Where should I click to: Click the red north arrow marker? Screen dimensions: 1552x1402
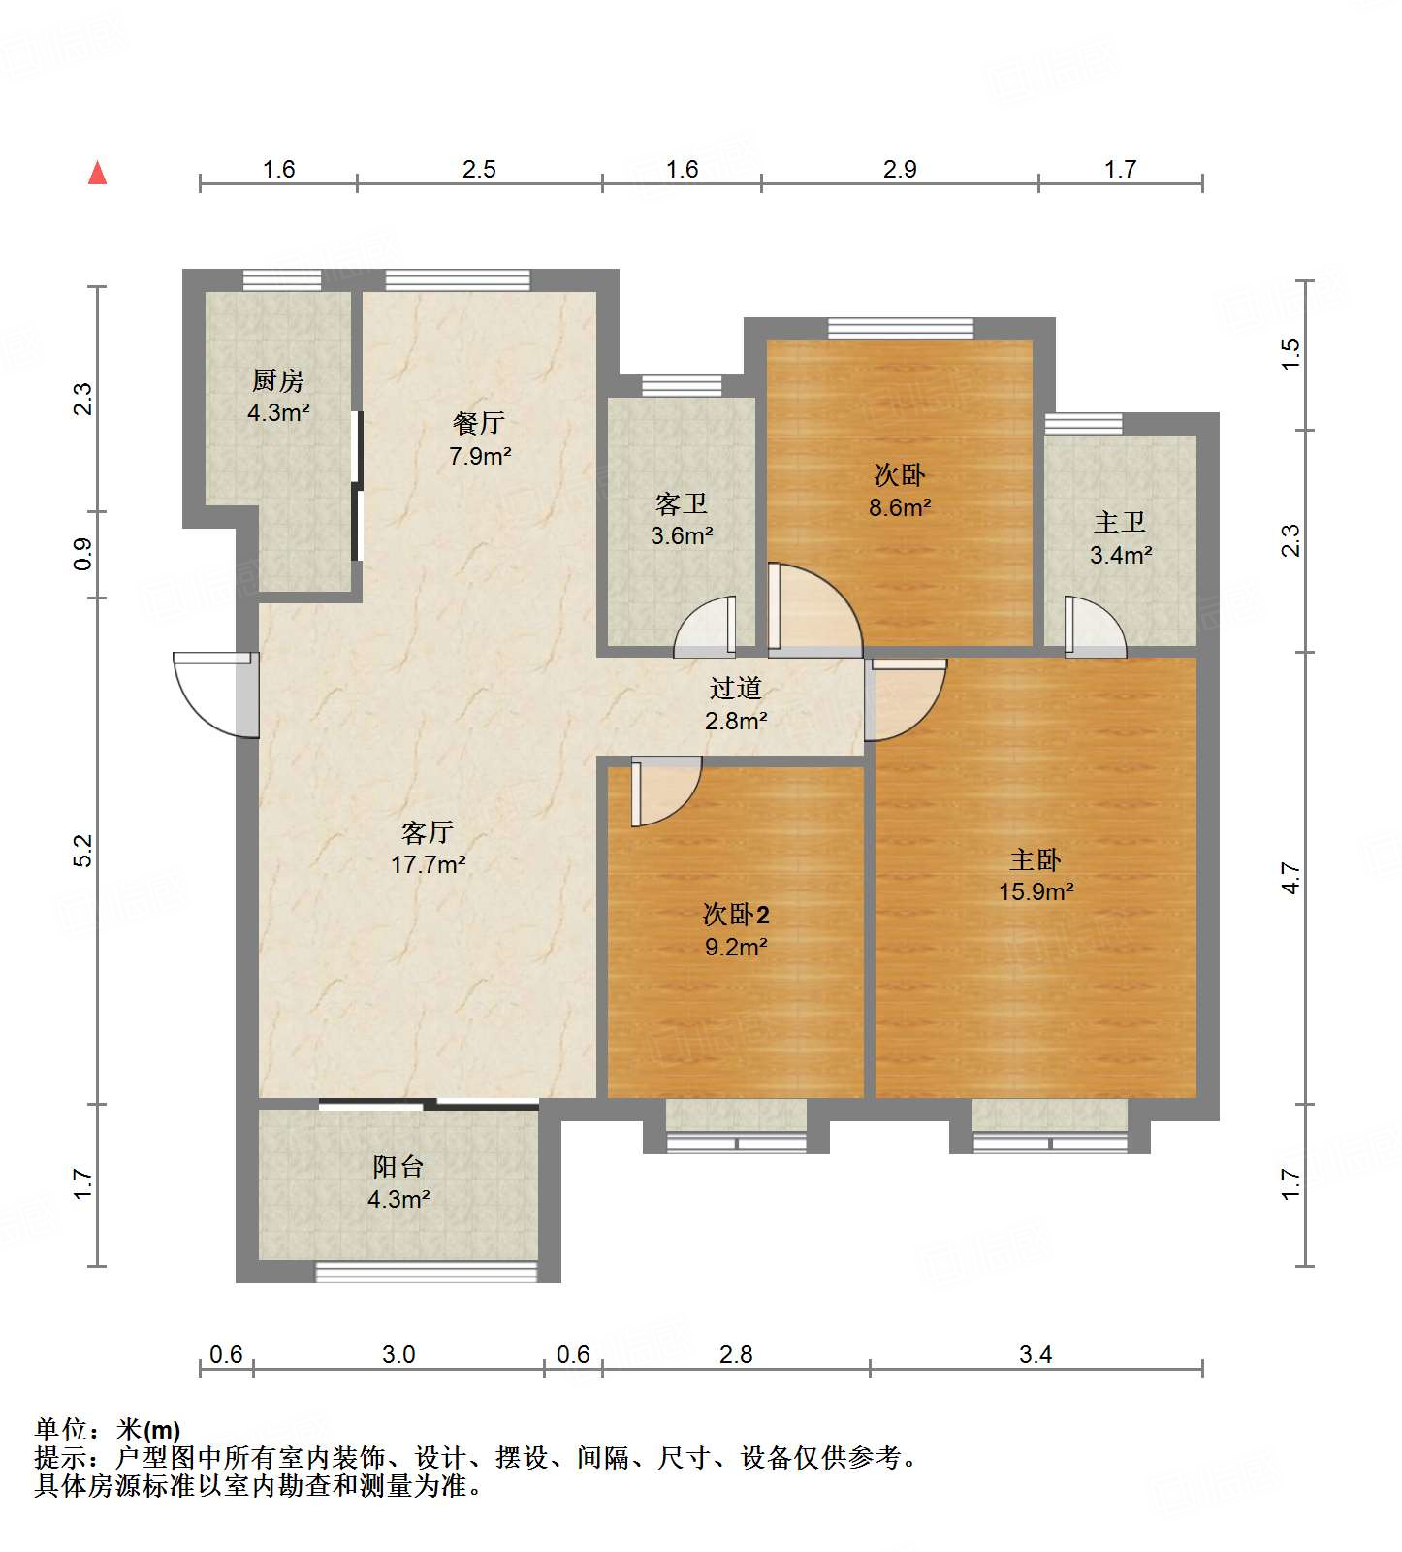(x=97, y=173)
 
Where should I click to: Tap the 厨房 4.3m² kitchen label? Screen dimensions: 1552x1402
(x=278, y=396)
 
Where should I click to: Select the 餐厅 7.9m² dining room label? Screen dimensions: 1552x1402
(x=479, y=438)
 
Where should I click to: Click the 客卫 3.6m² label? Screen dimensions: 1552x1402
(x=682, y=519)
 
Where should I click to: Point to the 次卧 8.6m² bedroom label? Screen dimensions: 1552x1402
(x=900, y=490)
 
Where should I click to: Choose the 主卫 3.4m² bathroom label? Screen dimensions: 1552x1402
(x=1120, y=538)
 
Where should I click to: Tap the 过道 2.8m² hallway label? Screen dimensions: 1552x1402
(x=736, y=703)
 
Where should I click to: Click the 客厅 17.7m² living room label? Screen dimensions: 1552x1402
(x=428, y=847)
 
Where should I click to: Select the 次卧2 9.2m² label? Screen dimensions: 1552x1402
(x=736, y=929)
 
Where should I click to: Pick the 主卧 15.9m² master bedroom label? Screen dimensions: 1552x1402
(x=1036, y=875)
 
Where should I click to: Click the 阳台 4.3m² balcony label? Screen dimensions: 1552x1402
(x=398, y=1181)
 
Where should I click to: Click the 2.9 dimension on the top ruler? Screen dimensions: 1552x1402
(x=900, y=169)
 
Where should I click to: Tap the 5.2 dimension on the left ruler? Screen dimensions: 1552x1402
(x=83, y=850)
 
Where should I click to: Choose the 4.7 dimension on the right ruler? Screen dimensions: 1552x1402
(x=1290, y=878)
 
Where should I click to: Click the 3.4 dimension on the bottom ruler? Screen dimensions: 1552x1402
(x=1036, y=1354)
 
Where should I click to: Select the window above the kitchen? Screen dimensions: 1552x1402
(x=281, y=279)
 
